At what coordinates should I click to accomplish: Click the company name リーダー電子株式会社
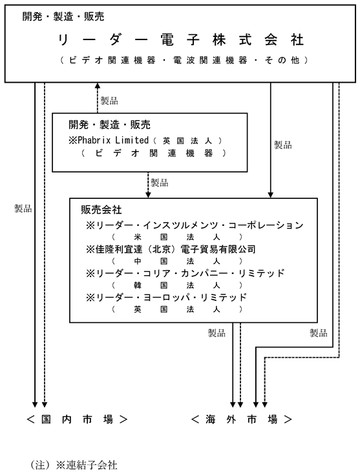click(x=180, y=40)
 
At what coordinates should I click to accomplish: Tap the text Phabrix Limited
click(x=113, y=140)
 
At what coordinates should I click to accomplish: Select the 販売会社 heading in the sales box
click(x=101, y=209)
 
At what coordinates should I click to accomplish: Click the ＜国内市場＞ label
click(x=77, y=419)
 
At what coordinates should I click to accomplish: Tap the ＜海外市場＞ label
click(x=242, y=419)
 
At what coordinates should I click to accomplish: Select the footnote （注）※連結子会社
click(x=74, y=465)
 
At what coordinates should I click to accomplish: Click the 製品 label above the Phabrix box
click(x=109, y=101)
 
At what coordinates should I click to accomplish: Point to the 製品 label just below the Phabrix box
click(x=160, y=183)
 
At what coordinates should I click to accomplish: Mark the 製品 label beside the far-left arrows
click(x=23, y=209)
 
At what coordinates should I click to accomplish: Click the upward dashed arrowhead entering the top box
click(x=98, y=85)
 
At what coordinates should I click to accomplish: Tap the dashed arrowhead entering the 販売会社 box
click(x=148, y=195)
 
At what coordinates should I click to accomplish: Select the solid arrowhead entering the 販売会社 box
click(x=270, y=195)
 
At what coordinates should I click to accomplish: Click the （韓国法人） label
click(x=177, y=285)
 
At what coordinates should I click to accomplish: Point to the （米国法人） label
click(x=177, y=237)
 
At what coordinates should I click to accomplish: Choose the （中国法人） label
click(x=177, y=261)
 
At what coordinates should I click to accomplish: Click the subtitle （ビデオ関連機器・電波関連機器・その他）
click(x=184, y=60)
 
